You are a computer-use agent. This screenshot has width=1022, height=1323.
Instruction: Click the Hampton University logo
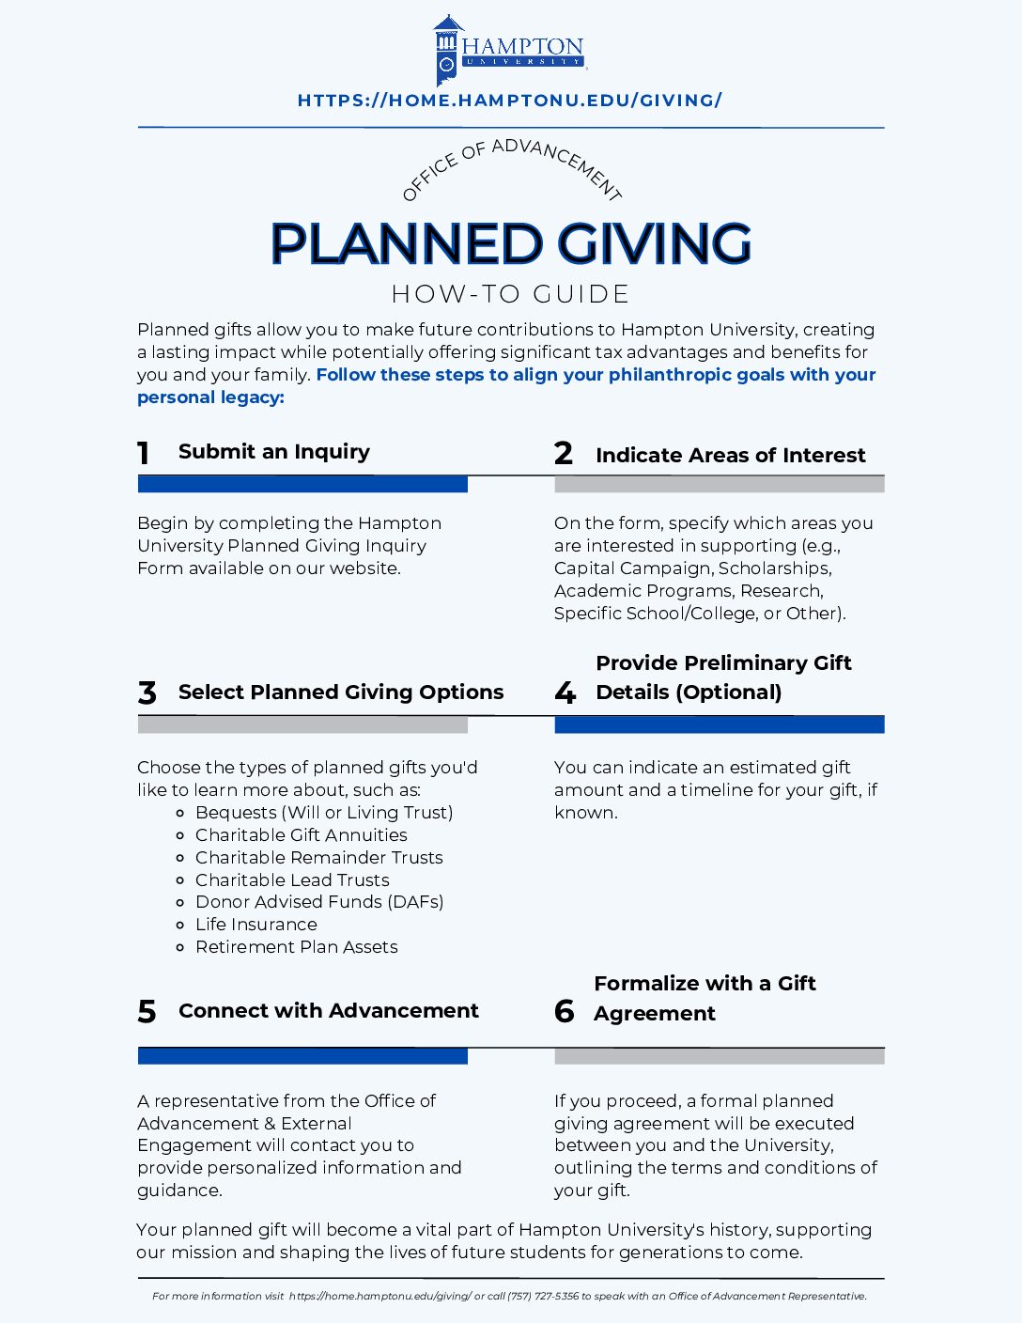[x=510, y=50]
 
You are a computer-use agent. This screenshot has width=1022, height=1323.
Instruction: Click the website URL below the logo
[x=510, y=100]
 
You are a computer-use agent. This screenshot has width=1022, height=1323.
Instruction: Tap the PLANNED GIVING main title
[x=510, y=243]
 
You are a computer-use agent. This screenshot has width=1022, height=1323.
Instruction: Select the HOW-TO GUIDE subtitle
[x=510, y=294]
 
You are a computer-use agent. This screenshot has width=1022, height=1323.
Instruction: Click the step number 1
[x=144, y=454]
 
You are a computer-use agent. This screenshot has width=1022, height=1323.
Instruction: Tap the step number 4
[x=565, y=693]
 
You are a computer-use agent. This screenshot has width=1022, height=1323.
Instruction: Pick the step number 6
[x=564, y=1011]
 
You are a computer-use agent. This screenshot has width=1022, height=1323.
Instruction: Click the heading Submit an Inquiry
[x=274, y=452]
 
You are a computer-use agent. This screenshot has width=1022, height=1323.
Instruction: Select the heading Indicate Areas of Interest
[x=730, y=456]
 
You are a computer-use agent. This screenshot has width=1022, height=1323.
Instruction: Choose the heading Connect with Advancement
[x=328, y=1011]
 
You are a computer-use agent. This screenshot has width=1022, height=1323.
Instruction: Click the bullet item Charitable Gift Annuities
[x=301, y=835]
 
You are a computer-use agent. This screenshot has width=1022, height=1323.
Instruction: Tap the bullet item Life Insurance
[x=255, y=925]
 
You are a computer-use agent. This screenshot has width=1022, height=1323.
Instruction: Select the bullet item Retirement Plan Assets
[x=296, y=947]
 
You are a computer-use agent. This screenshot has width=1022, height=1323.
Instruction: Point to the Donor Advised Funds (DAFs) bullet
[x=318, y=902]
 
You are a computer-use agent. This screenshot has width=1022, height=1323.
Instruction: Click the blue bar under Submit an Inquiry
[x=302, y=485]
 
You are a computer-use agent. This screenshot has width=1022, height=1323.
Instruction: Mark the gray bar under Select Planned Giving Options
[x=302, y=724]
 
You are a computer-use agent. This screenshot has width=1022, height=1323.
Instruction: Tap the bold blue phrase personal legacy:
[x=210, y=397]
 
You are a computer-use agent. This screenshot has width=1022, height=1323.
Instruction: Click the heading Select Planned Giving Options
[x=341, y=693]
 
